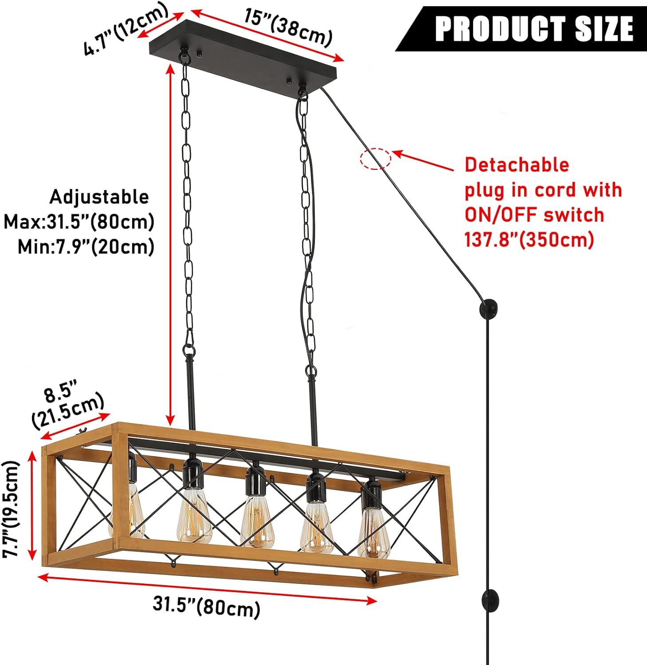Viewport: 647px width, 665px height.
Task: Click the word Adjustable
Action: click(x=99, y=197)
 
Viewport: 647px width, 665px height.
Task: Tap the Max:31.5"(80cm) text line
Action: click(x=79, y=222)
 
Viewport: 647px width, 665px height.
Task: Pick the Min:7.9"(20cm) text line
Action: click(x=86, y=246)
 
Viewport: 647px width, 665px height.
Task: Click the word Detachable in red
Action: click(x=517, y=164)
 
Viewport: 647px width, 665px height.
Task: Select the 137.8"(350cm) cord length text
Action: click(x=529, y=240)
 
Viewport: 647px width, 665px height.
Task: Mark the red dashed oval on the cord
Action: click(x=376, y=159)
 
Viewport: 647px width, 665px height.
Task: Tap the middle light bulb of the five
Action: click(x=256, y=525)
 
